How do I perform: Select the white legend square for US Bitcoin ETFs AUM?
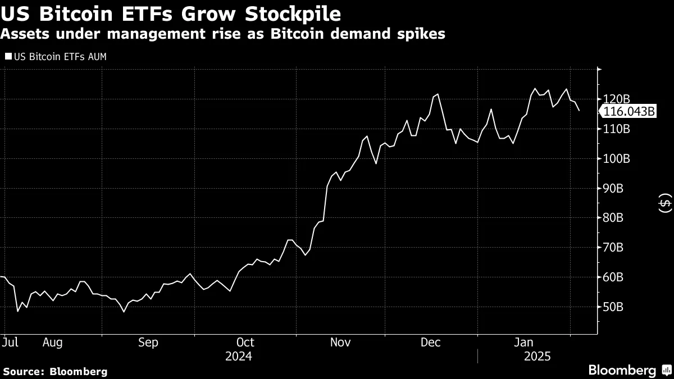coord(7,57)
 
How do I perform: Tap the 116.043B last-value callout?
coord(629,112)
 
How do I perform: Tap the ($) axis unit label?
coord(664,203)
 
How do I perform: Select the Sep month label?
coord(148,342)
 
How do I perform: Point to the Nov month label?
coord(340,342)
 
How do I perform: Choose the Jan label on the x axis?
coord(524,342)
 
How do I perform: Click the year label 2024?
coord(238,357)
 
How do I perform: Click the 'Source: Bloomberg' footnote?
coord(55,371)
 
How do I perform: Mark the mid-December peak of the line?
coord(438,94)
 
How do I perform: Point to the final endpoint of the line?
coord(579,111)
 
